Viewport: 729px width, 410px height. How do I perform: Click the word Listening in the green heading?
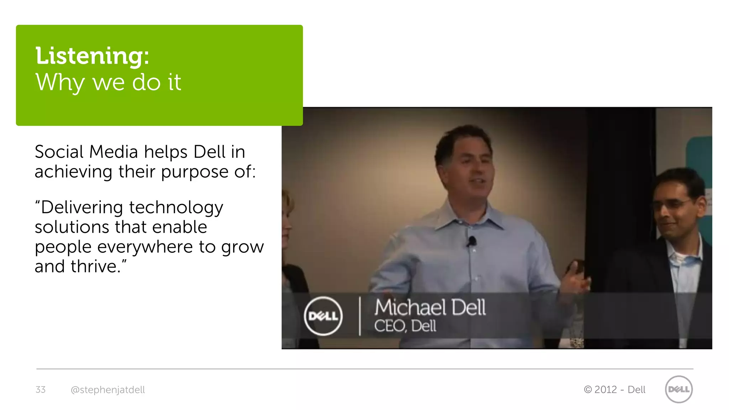pyautogui.click(x=89, y=56)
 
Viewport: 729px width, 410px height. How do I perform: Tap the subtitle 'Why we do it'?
pyautogui.click(x=108, y=82)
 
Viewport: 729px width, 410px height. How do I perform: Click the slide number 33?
pyautogui.click(x=41, y=390)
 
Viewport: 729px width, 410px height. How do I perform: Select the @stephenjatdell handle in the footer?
pyautogui.click(x=108, y=390)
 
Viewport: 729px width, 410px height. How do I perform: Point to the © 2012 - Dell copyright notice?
pyautogui.click(x=614, y=390)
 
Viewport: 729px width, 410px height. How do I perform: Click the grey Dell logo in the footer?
pyautogui.click(x=678, y=389)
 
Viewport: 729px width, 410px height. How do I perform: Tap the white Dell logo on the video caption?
pyautogui.click(x=323, y=316)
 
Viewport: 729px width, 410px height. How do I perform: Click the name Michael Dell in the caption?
pyautogui.click(x=430, y=307)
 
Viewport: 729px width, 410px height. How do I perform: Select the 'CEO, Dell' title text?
pyautogui.click(x=405, y=326)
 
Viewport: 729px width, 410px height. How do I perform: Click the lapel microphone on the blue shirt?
pyautogui.click(x=472, y=241)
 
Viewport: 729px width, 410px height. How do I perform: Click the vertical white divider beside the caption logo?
pyautogui.click(x=360, y=316)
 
